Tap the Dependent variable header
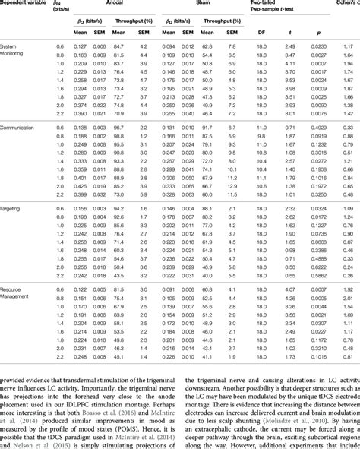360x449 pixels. (25, 3)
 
